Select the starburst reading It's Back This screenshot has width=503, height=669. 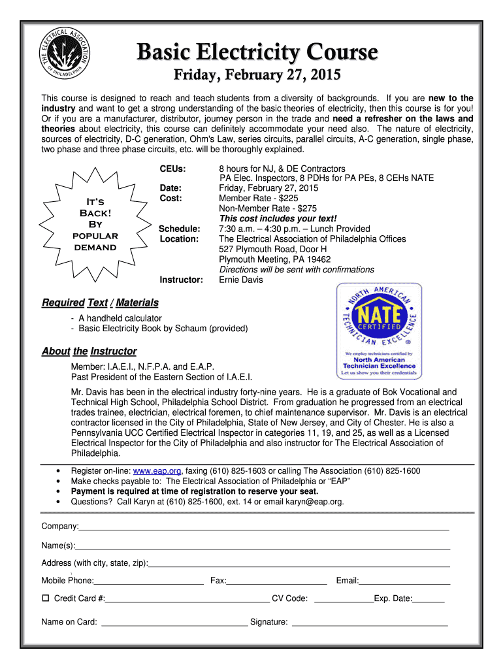click(94, 223)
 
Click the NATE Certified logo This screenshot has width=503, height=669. click(379, 331)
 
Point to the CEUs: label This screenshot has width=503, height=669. click(173, 169)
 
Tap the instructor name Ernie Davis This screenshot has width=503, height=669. click(241, 280)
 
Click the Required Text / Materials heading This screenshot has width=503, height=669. click(100, 302)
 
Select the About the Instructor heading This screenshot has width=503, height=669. click(89, 351)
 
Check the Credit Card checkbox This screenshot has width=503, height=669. click(46, 598)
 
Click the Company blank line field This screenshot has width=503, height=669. click(264, 526)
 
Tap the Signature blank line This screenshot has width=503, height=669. click(369, 622)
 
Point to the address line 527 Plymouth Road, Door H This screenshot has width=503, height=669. click(273, 249)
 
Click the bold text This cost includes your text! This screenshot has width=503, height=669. click(278, 218)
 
